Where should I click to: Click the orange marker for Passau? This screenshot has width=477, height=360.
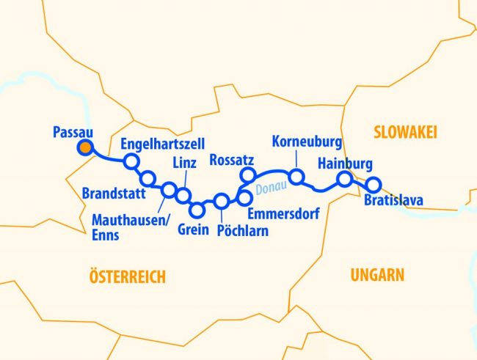click(86, 148)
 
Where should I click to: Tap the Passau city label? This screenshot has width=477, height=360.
click(73, 132)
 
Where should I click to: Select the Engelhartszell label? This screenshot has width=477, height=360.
click(162, 143)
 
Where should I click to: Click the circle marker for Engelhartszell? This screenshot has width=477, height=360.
click(131, 161)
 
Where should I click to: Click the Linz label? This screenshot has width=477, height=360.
click(183, 162)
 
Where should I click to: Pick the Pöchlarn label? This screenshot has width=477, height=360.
click(243, 230)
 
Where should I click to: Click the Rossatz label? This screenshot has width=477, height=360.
click(233, 159)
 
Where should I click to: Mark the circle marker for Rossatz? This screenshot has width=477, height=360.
click(248, 175)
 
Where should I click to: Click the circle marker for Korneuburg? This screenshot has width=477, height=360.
click(296, 177)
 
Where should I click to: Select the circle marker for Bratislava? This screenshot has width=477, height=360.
click(374, 184)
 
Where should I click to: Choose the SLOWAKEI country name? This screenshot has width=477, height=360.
click(405, 132)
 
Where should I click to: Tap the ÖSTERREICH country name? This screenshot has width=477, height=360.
click(127, 276)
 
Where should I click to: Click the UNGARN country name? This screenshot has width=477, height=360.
click(377, 275)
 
